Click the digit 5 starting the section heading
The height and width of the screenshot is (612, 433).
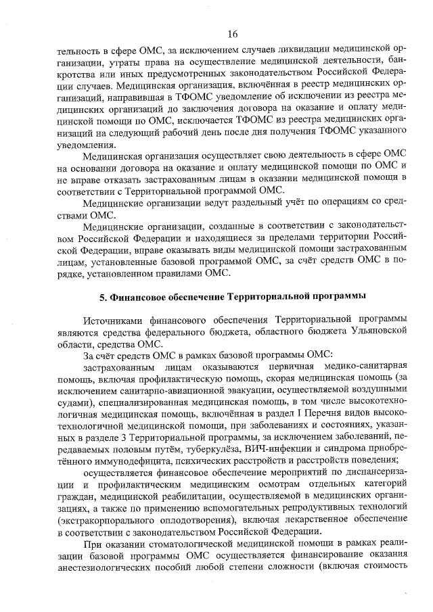tap(103, 296)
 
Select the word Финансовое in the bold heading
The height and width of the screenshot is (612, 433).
tap(140, 296)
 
